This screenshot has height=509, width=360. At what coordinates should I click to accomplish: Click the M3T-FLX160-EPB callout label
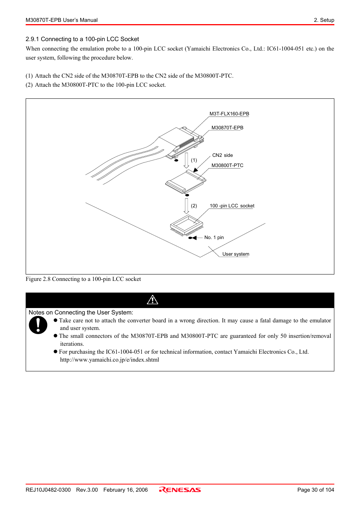229,113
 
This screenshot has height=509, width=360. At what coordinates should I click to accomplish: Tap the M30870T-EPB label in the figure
228,128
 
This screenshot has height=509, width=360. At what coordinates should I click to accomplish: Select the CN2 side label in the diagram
222,155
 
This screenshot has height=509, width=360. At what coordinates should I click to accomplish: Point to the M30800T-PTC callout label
228,166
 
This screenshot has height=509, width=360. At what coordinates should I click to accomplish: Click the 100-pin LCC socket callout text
232,206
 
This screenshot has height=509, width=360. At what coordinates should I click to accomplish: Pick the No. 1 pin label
214,238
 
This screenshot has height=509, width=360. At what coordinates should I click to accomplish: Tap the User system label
235,254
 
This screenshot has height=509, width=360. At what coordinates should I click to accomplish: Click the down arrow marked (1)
186,160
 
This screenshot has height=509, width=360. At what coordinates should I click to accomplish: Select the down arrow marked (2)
186,206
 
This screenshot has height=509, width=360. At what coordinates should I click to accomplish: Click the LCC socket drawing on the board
186,225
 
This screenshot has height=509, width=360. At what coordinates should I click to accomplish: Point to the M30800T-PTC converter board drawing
186,182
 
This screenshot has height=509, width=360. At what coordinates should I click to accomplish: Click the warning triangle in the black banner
152,300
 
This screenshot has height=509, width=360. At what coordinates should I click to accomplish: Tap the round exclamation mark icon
38,325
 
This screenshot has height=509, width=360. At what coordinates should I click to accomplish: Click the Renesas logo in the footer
180,490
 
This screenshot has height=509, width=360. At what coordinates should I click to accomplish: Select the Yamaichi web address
109,360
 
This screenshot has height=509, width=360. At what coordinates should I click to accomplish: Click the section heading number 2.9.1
32,39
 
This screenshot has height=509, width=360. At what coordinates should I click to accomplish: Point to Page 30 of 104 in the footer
315,490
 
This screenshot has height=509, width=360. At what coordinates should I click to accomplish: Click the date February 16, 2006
126,490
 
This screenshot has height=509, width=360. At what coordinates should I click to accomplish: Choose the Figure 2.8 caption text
83,279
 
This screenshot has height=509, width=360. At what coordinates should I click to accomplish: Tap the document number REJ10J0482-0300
48,490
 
